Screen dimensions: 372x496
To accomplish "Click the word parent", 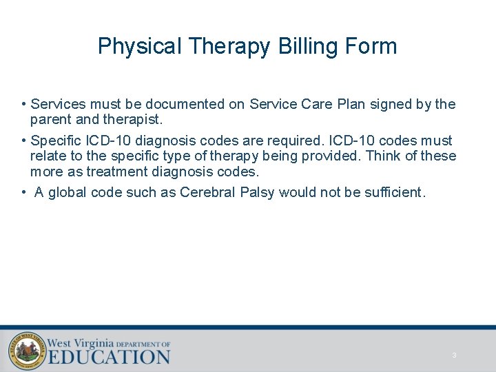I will [x=49, y=119].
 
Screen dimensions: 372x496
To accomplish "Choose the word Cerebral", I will [x=207, y=192].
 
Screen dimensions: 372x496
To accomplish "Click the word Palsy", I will [x=258, y=192].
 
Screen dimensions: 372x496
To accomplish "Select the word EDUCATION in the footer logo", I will [x=109, y=357].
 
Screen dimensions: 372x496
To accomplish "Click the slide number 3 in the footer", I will [x=454, y=355].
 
